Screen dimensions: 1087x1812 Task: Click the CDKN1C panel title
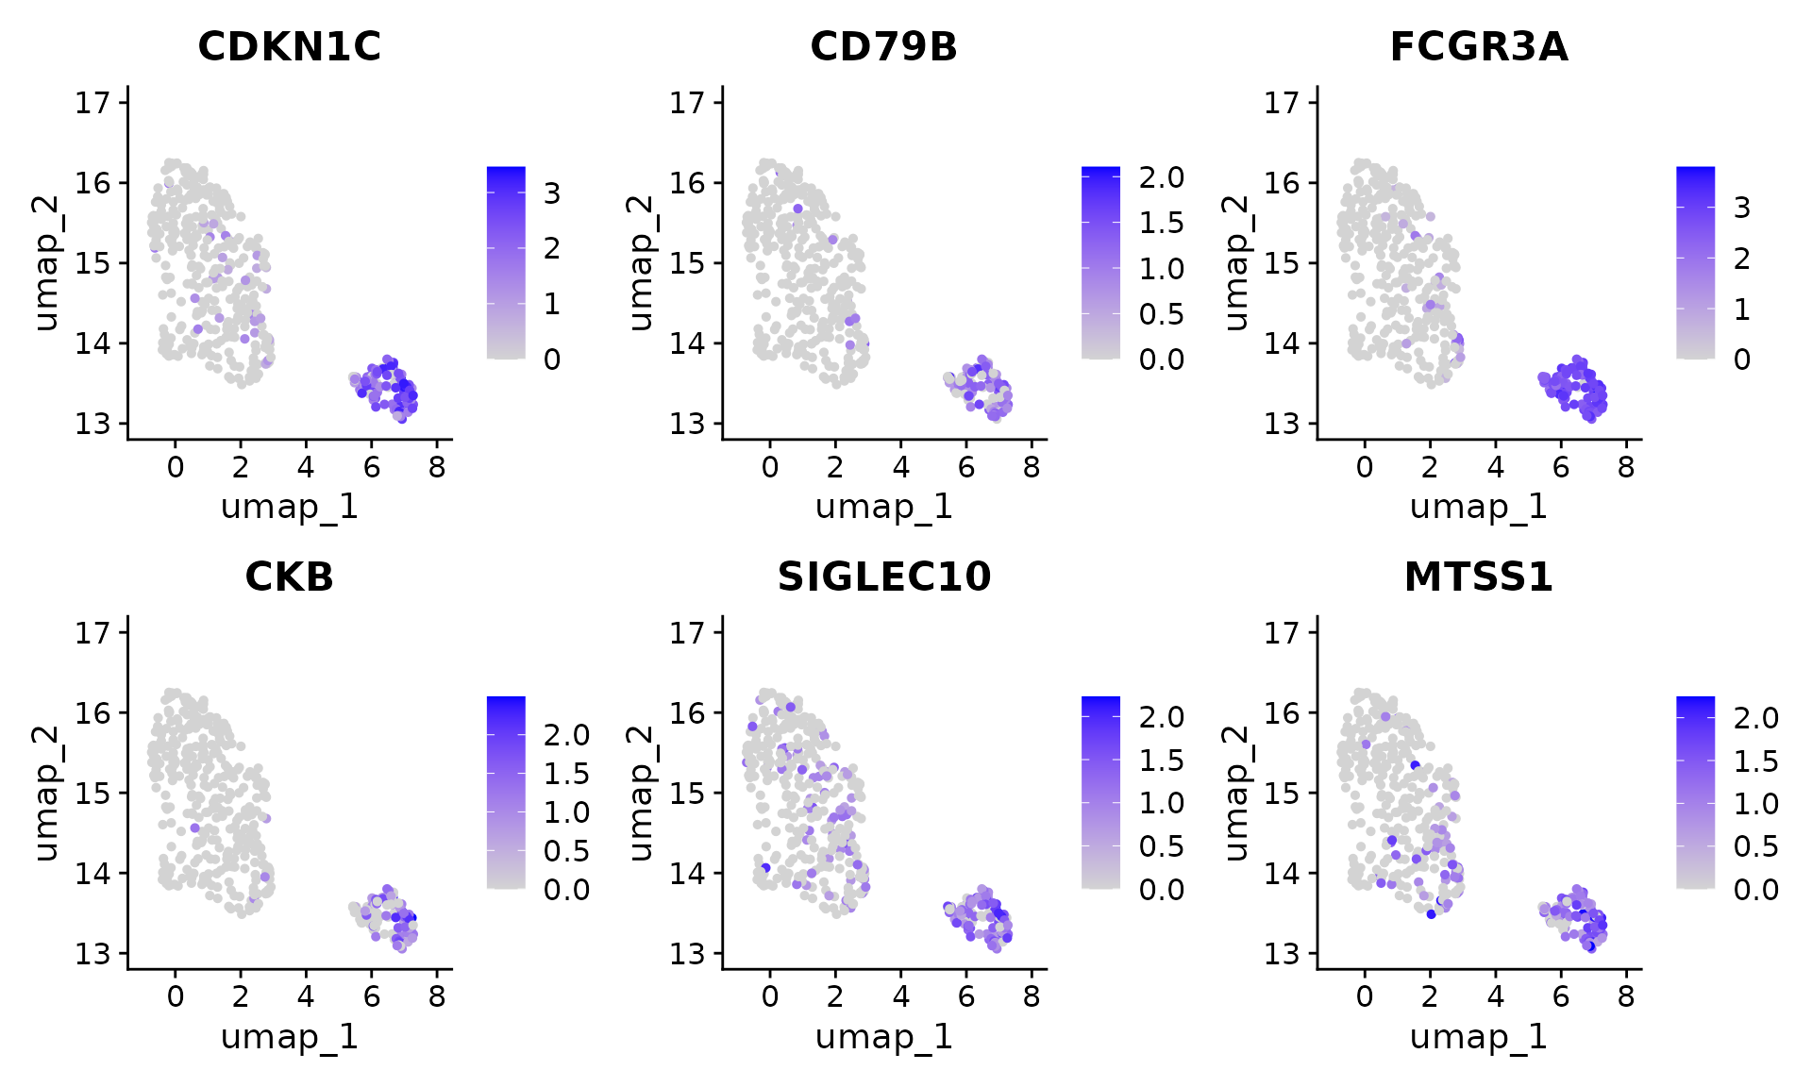[x=289, y=47]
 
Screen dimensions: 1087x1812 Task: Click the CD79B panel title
[x=883, y=47]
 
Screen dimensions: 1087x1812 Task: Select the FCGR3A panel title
[x=1478, y=47]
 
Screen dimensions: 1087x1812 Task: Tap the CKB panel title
[x=289, y=577]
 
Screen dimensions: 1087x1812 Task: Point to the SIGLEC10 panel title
[x=883, y=577]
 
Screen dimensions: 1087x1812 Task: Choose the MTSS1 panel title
[x=1478, y=577]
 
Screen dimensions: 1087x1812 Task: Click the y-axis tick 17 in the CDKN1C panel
[x=93, y=102]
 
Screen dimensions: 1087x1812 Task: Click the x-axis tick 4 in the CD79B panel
[x=900, y=466]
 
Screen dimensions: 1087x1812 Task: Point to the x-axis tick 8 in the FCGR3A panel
[x=1626, y=466]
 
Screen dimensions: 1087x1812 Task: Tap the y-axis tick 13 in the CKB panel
[x=93, y=954]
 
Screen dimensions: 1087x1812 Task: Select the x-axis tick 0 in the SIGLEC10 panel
[x=770, y=996]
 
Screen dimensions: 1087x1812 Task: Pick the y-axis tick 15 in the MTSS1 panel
[x=1283, y=794]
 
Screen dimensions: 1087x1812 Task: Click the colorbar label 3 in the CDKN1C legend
[x=552, y=193]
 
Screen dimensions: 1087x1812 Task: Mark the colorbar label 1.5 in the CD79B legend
[x=1161, y=223]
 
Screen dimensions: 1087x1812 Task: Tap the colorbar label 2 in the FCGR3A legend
[x=1742, y=259]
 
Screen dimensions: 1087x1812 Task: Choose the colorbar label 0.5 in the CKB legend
[x=566, y=851]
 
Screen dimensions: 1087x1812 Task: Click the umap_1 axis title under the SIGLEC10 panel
[x=883, y=1037]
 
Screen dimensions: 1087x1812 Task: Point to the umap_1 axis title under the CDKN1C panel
[x=289, y=507]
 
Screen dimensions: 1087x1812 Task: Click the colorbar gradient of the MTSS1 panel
[x=1695, y=793]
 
